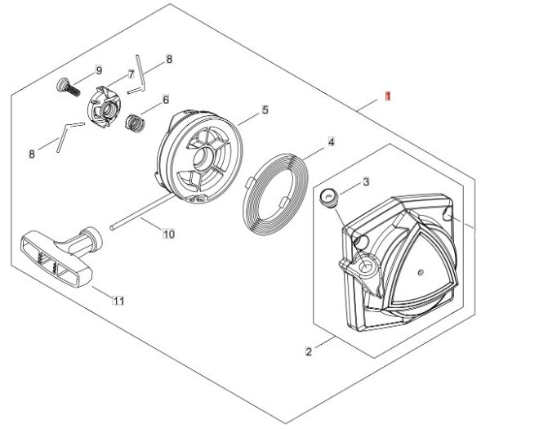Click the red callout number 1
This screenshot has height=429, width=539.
tap(389, 96)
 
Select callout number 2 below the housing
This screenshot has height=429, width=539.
tap(309, 352)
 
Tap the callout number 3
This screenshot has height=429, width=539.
tap(366, 181)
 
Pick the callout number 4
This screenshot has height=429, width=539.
tap(331, 142)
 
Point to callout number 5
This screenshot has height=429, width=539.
tap(265, 109)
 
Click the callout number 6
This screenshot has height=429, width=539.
tap(166, 101)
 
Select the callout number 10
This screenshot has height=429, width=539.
tap(169, 235)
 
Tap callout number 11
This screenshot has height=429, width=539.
tap(118, 301)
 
